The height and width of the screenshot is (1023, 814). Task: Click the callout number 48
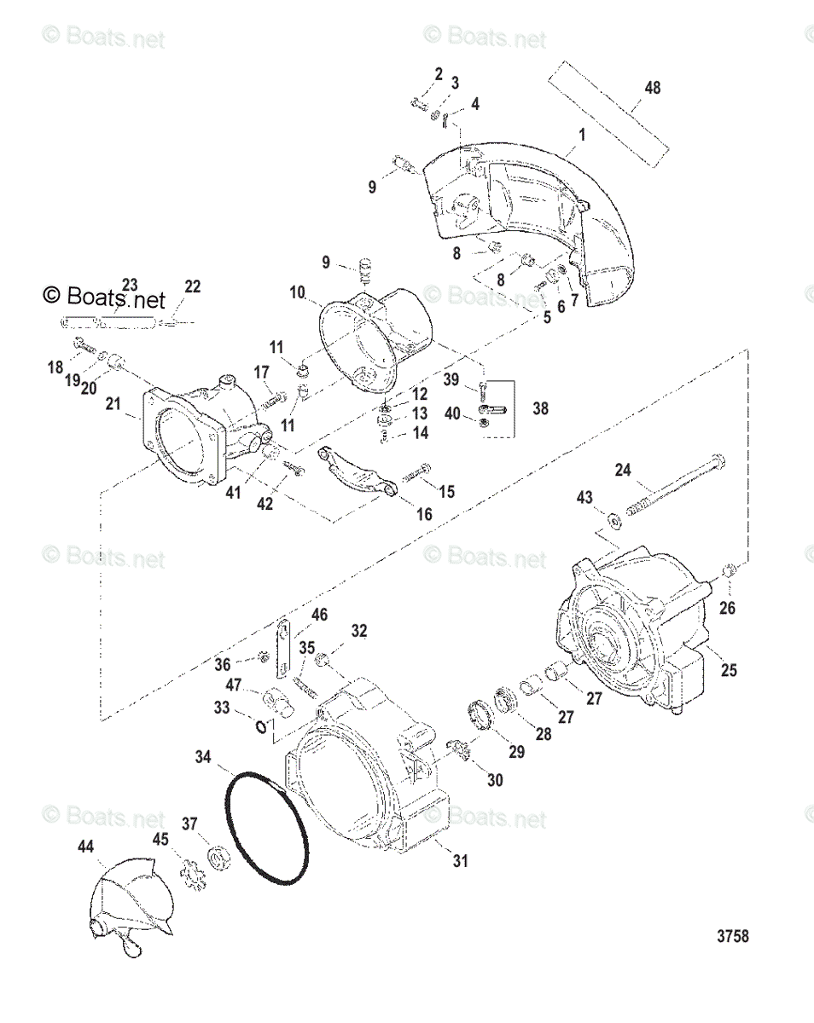[653, 88]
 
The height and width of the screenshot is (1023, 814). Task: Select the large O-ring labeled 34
[267, 827]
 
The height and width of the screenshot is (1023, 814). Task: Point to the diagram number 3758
[732, 936]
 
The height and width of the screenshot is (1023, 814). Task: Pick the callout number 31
[461, 861]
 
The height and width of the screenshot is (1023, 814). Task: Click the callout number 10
[297, 292]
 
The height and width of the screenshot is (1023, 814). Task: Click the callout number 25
[728, 671]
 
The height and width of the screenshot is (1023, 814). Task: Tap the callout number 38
[540, 408]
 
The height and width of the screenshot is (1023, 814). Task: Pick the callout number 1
[582, 135]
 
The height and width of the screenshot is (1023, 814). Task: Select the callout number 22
[193, 287]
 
